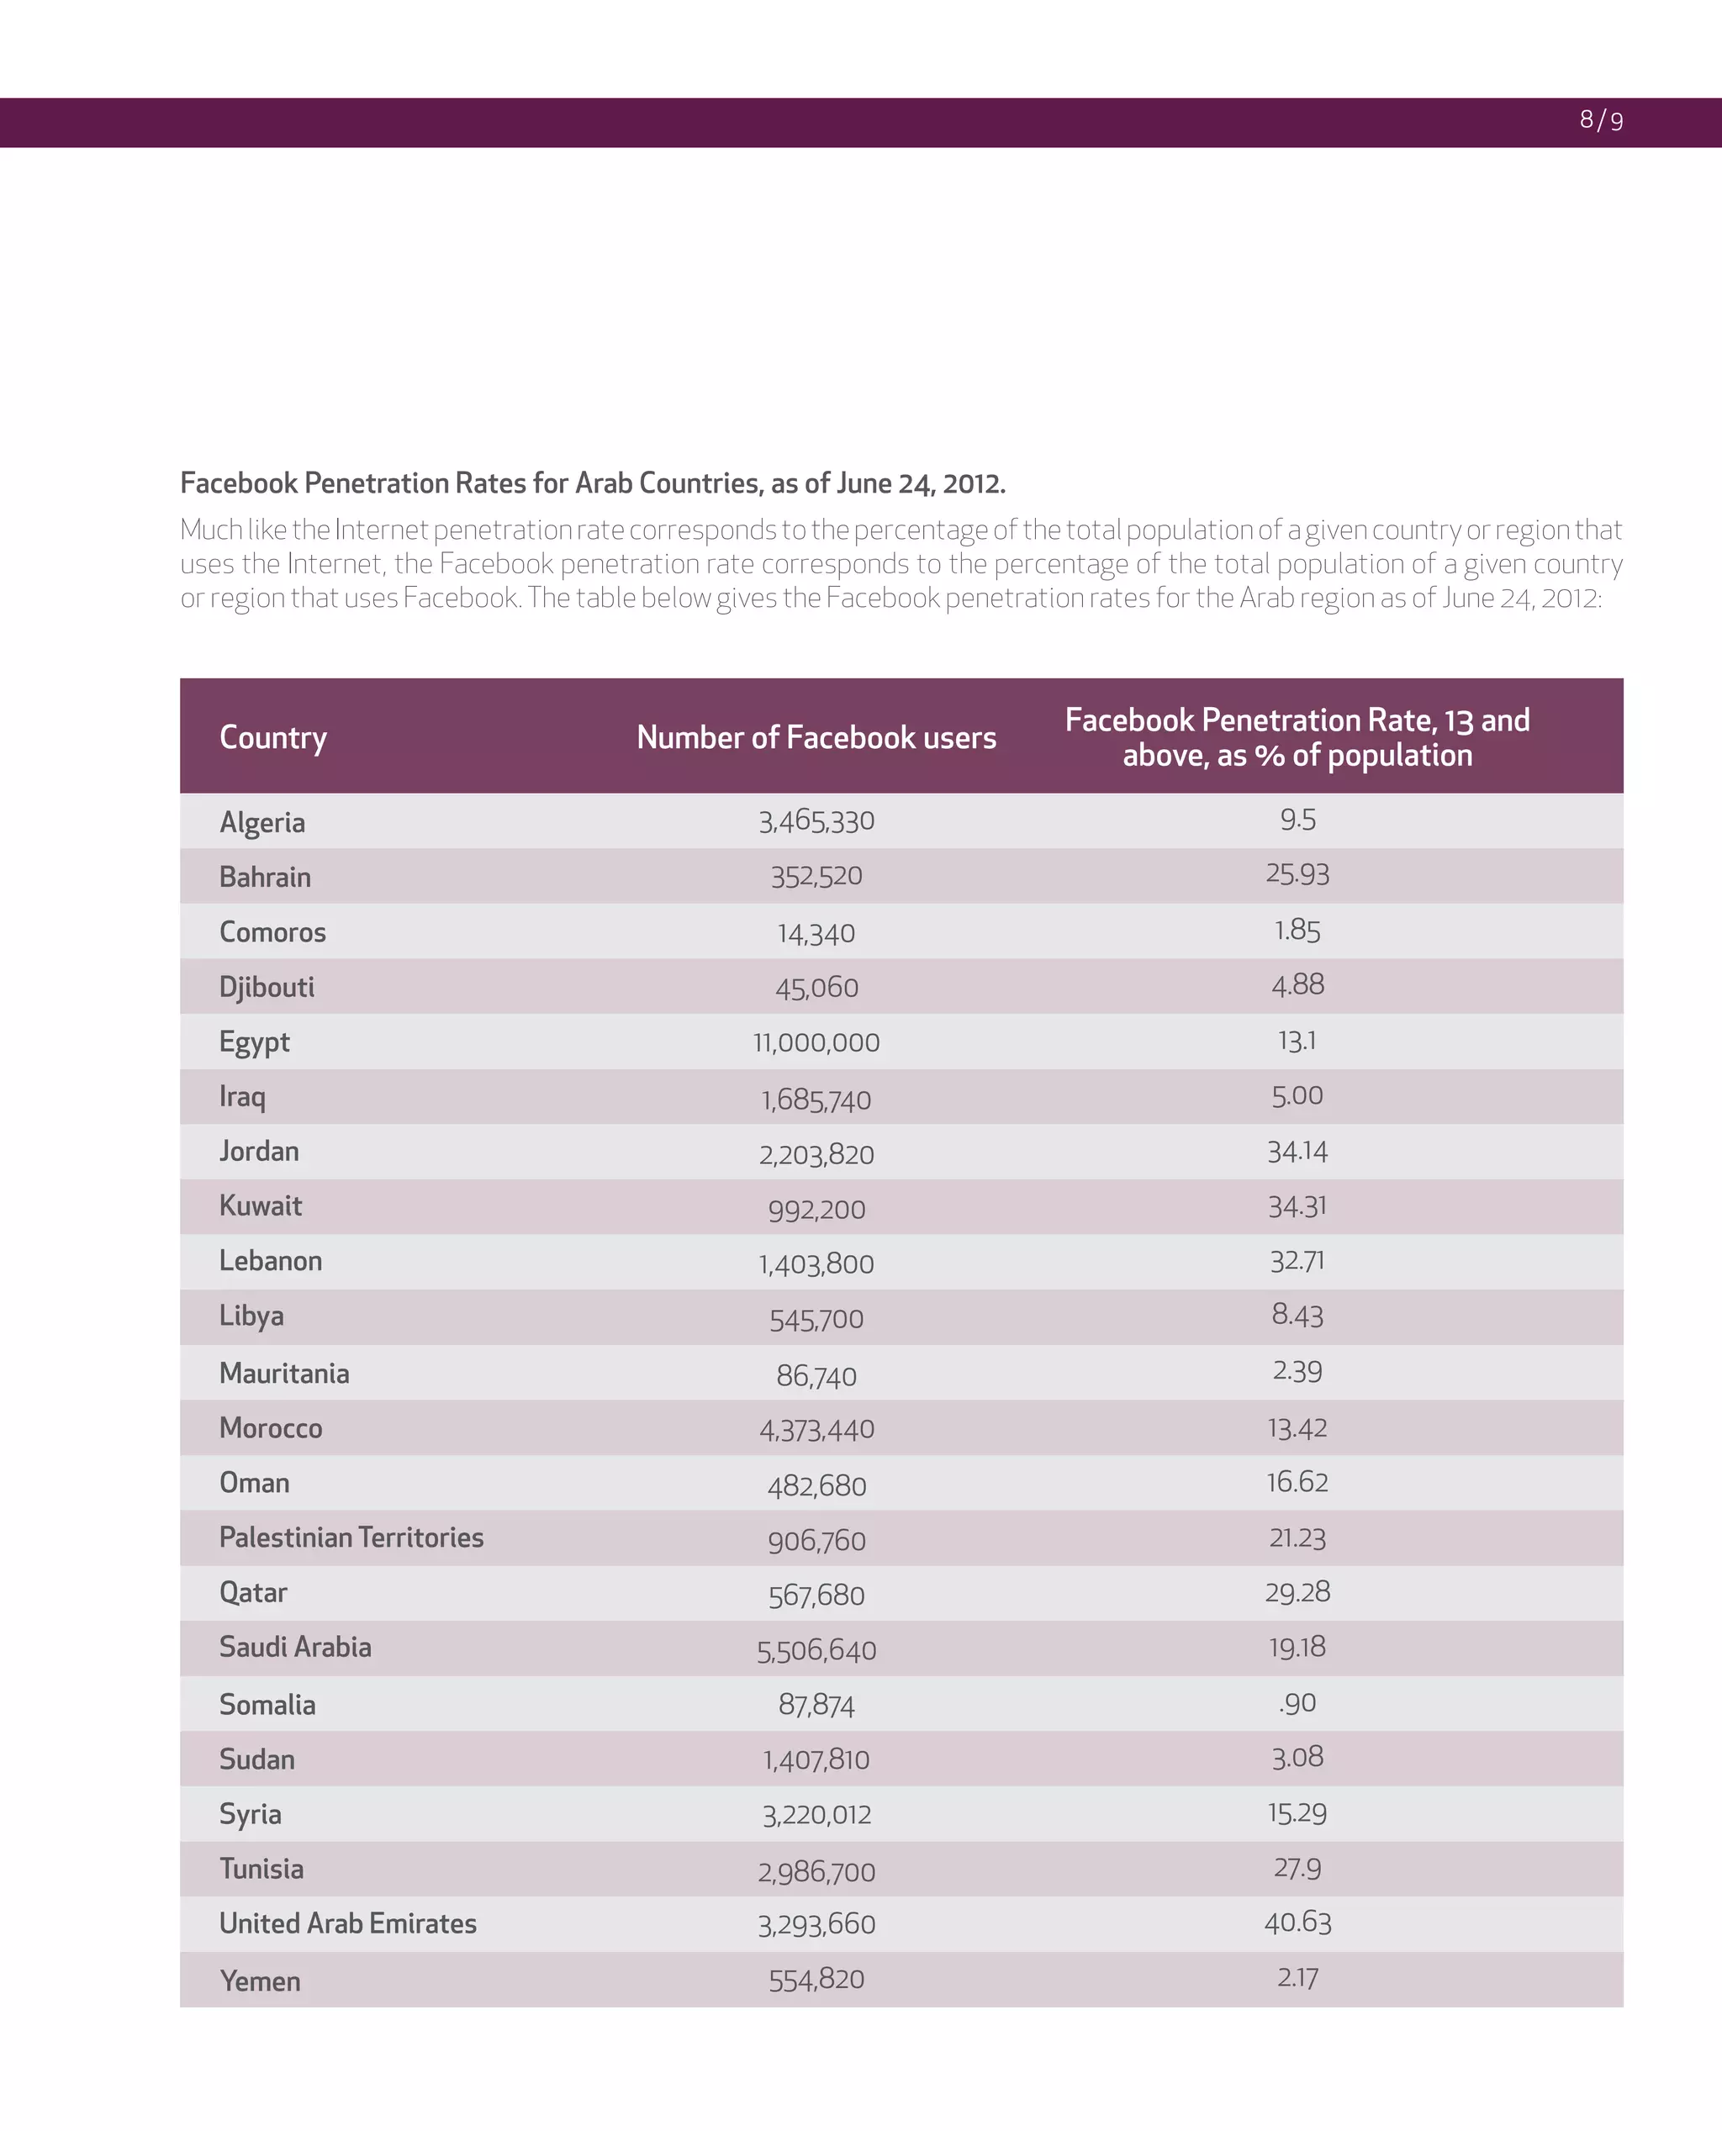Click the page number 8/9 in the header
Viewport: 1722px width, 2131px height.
[x=1601, y=121]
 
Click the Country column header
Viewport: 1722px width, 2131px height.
[x=272, y=738]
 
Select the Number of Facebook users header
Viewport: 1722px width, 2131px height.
[x=816, y=738]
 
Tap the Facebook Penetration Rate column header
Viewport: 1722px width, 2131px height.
[x=1297, y=738]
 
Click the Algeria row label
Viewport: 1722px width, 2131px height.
[x=261, y=822]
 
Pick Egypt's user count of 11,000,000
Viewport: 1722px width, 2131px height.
[x=816, y=1042]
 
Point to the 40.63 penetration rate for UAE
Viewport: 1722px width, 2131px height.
[x=1297, y=1923]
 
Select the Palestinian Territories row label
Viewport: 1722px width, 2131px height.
[x=351, y=1538]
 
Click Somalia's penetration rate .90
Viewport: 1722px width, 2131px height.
[x=1297, y=1704]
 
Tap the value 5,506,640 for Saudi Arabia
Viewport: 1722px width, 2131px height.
[x=816, y=1650]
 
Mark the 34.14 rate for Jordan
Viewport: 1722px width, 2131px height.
[x=1297, y=1153]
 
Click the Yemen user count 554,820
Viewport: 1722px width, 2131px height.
[x=816, y=1980]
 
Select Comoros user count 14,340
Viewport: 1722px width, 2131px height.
[x=816, y=933]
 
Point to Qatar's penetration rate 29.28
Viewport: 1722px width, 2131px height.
[x=1297, y=1592]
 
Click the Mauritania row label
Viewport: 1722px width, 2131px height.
[x=283, y=1374]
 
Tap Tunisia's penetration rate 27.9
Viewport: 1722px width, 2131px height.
[x=1297, y=1868]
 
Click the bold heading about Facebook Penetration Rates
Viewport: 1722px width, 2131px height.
[x=592, y=483]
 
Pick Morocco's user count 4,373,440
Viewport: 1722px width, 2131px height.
[x=816, y=1429]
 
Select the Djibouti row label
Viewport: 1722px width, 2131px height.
[x=266, y=988]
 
